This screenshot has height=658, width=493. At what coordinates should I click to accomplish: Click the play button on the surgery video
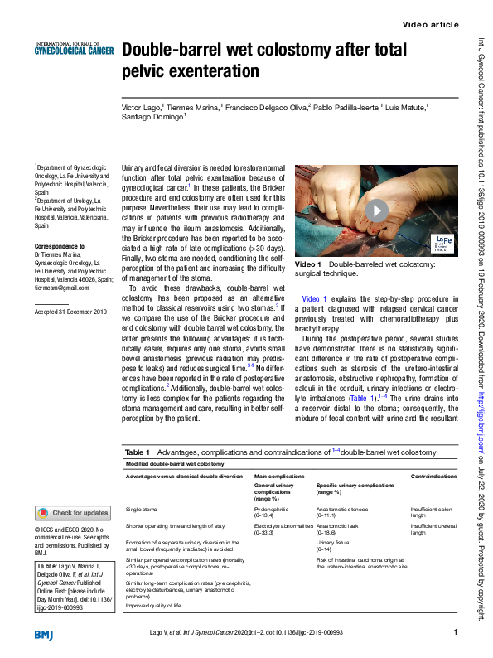(x=377, y=210)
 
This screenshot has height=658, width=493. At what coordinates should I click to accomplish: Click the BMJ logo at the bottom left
(x=44, y=634)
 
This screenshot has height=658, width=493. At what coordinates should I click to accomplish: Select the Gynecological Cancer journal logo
(x=72, y=49)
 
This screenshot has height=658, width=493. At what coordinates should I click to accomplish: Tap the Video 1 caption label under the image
(x=308, y=264)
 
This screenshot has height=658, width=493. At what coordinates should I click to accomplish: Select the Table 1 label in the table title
(x=138, y=452)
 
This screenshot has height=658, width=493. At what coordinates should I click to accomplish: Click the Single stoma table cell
(x=143, y=510)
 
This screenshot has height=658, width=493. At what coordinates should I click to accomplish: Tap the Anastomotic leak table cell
(x=338, y=525)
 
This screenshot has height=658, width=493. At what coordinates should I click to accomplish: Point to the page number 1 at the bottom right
(x=456, y=634)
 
